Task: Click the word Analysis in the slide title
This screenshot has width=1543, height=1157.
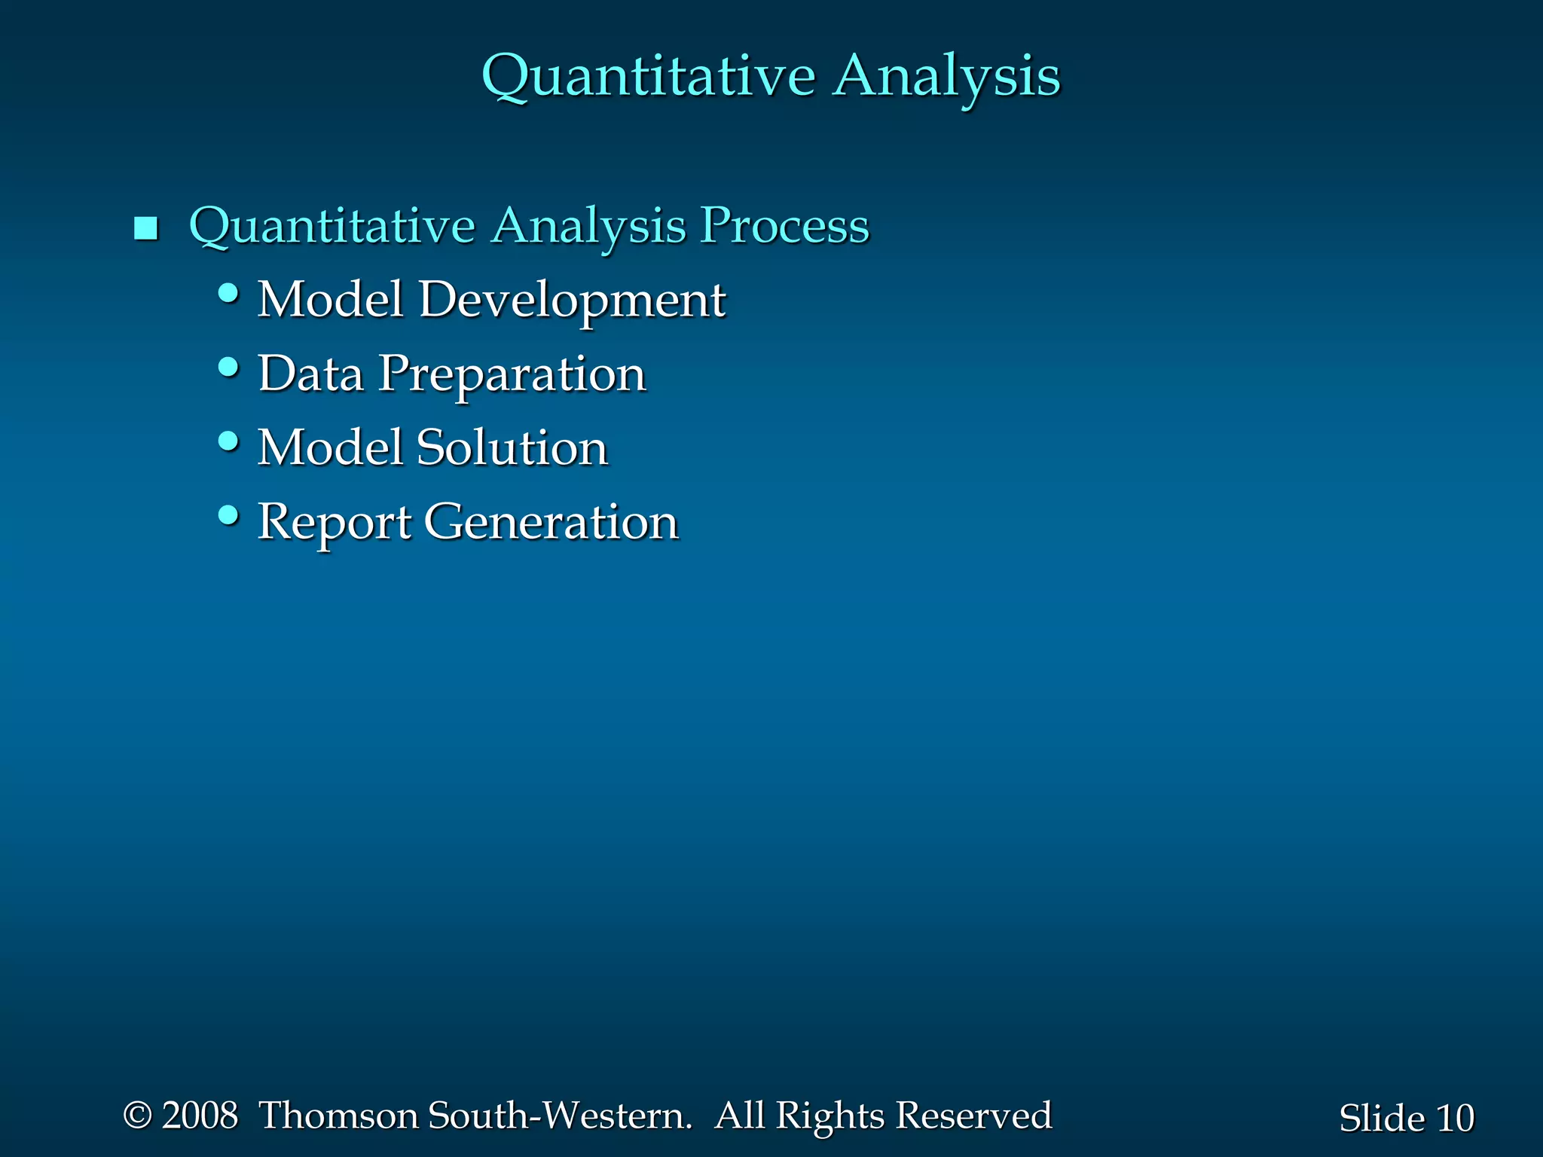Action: pyautogui.click(x=946, y=77)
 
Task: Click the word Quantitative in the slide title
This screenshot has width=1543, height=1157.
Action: pyautogui.click(x=648, y=77)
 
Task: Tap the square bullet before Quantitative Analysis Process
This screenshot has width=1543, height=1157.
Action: pyautogui.click(x=145, y=227)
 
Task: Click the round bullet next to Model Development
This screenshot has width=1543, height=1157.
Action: pyautogui.click(x=228, y=292)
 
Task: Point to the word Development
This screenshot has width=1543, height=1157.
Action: pyautogui.click(x=572, y=300)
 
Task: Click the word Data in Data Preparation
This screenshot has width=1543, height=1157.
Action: pyautogui.click(x=310, y=374)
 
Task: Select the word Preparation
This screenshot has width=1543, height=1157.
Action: pyautogui.click(x=512, y=375)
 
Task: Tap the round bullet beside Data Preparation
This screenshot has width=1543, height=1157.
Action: pyautogui.click(x=228, y=367)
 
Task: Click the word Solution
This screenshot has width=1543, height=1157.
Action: pyautogui.click(x=512, y=447)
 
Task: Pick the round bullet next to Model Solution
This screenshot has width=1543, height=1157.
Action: pyautogui.click(x=228, y=441)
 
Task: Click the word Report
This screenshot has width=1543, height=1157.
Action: pyautogui.click(x=335, y=523)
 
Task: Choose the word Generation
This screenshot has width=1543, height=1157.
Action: pyautogui.click(x=551, y=521)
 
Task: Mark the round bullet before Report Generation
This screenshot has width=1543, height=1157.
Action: pyautogui.click(x=228, y=515)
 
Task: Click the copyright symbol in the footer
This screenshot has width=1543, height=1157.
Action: pyautogui.click(x=138, y=1116)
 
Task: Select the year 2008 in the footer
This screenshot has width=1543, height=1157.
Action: pyautogui.click(x=200, y=1116)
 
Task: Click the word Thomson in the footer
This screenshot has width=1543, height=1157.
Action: pyautogui.click(x=339, y=1116)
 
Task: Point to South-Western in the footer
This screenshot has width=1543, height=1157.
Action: pyautogui.click(x=559, y=1116)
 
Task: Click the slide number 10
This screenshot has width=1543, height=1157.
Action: pyautogui.click(x=1454, y=1118)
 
